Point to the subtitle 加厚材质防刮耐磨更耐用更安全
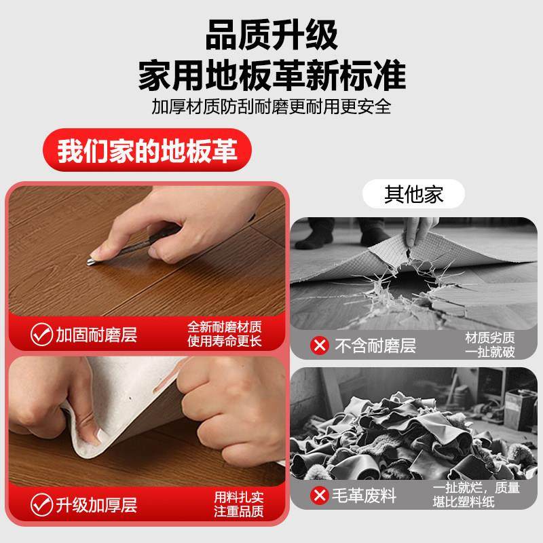point(271,107)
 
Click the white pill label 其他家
point(414,195)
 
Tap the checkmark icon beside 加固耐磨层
point(41,334)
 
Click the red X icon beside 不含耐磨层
point(319,345)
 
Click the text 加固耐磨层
point(96,335)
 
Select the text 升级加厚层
point(96,505)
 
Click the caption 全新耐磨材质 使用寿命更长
point(225,333)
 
